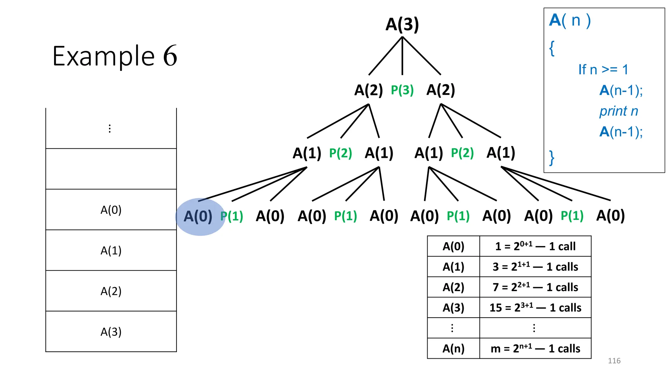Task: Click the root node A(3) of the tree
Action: (402, 25)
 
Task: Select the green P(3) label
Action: (402, 90)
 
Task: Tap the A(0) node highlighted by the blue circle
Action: (198, 217)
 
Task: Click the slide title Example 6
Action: (115, 56)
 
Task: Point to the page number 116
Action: (614, 361)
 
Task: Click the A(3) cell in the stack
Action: (111, 332)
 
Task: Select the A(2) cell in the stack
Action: (111, 291)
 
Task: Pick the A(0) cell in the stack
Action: (111, 210)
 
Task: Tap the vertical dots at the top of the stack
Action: (110, 128)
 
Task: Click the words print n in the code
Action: (619, 111)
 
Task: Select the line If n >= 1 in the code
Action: (603, 70)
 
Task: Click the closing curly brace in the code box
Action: (552, 158)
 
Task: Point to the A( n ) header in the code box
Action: (570, 20)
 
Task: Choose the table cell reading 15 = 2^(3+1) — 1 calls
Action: (535, 307)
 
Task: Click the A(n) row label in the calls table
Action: (453, 348)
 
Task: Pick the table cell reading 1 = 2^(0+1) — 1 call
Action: (535, 246)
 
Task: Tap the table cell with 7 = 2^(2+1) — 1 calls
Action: (535, 287)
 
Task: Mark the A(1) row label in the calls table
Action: (453, 266)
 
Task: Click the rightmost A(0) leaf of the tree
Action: (610, 216)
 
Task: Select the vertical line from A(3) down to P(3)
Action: (402, 56)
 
